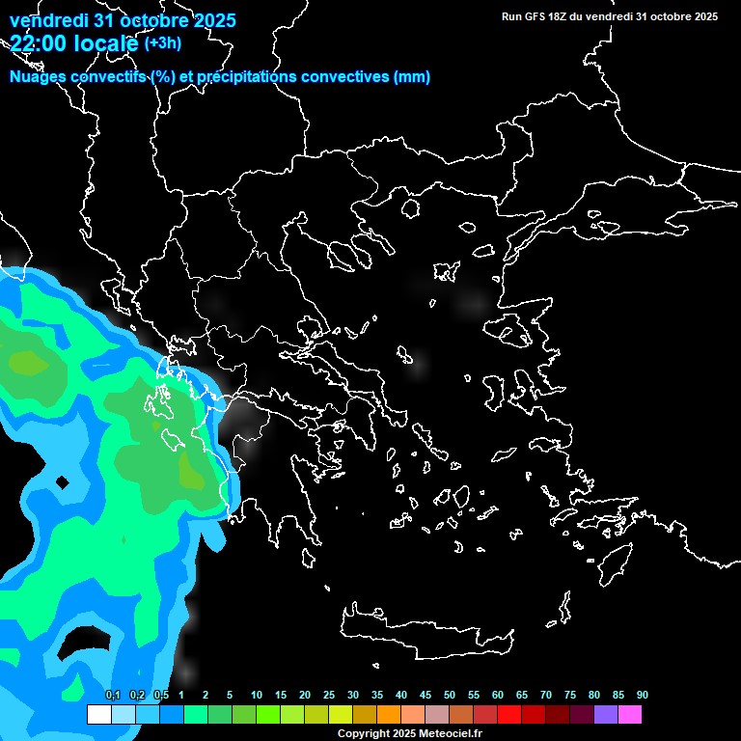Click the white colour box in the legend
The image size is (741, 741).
pos(98,714)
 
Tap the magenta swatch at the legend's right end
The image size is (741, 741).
pos(630,714)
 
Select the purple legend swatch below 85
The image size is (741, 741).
pos(606,714)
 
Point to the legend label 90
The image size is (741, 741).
pos(643,696)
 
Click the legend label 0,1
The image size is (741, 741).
pos(113,696)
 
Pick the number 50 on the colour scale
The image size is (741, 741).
pos(450,696)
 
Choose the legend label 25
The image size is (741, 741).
pos(329,696)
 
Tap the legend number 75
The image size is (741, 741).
pos(570,696)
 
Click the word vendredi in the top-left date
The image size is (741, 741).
pos(47,20)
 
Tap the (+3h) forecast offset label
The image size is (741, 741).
pos(162,42)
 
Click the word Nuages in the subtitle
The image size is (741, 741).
pos(35,77)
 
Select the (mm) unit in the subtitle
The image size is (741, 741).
pos(412,77)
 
